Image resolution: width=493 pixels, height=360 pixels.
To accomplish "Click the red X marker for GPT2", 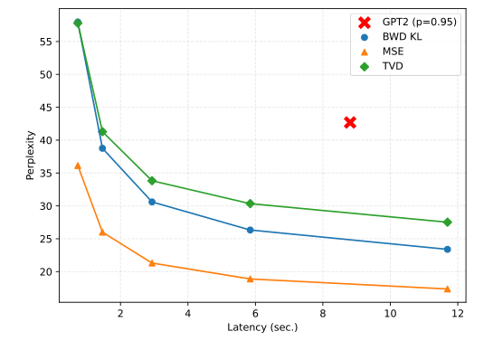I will [350, 122].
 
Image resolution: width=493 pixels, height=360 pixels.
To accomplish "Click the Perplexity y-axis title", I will [30, 156].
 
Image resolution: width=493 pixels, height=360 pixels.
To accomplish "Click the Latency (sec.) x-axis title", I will [262, 327].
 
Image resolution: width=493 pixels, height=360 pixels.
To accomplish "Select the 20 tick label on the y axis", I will [45, 271].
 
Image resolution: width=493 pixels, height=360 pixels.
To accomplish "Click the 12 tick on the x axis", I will [458, 313].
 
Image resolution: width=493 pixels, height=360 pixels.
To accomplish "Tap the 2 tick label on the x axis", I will [119, 313].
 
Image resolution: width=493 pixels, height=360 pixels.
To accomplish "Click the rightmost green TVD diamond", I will [447, 222].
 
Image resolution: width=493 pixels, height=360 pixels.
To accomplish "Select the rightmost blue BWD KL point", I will [447, 249].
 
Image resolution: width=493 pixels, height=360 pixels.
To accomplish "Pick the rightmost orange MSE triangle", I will [447, 289].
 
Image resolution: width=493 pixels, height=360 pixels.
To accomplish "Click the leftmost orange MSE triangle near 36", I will [78, 166].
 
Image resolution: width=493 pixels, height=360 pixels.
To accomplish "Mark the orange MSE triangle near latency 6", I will [250, 279].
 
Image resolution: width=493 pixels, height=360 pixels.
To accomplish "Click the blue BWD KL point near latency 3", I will [152, 202].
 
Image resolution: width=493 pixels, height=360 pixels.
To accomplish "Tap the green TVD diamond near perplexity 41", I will [102, 131].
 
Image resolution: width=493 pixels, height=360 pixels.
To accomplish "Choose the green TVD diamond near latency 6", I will [250, 204].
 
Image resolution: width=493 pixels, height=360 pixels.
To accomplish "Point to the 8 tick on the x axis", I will [323, 313].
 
